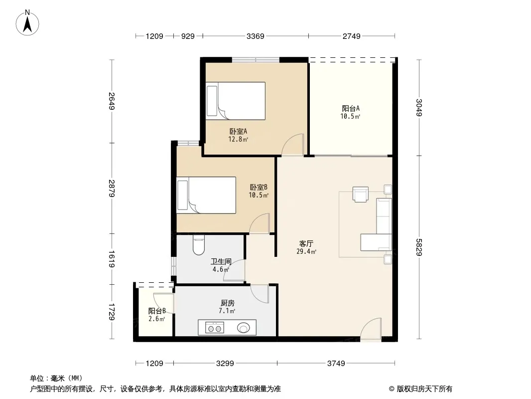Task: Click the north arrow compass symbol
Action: [x=27, y=23]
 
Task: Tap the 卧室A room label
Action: [x=238, y=131]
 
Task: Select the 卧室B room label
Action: [x=259, y=187]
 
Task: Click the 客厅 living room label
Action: [x=306, y=243]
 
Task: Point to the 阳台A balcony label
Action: [x=351, y=109]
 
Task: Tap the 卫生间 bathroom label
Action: [x=221, y=261]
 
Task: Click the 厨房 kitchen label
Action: [x=227, y=303]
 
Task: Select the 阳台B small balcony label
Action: [x=157, y=311]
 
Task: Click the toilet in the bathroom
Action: [x=198, y=245]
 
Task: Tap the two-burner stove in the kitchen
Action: [x=214, y=328]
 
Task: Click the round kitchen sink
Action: [x=243, y=328]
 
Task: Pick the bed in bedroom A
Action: [x=235, y=101]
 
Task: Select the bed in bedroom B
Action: [x=206, y=196]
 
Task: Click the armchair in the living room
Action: [x=360, y=194]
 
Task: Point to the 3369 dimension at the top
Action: [x=256, y=36]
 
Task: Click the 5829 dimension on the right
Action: [x=419, y=247]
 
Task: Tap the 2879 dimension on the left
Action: [x=112, y=188]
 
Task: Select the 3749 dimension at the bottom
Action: [x=336, y=364]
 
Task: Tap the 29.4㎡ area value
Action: [x=306, y=251]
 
